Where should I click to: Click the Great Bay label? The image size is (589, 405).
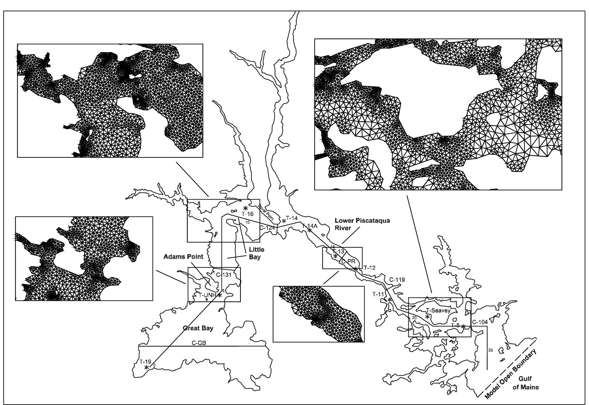(x=198, y=328)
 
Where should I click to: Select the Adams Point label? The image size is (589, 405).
(x=183, y=257)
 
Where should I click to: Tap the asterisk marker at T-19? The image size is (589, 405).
(x=147, y=367)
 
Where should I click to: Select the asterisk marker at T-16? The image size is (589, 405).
(x=245, y=208)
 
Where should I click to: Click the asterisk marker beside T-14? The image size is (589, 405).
(x=284, y=221)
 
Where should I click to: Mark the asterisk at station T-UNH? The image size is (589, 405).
(x=220, y=295)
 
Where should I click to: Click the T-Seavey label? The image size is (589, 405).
(x=438, y=311)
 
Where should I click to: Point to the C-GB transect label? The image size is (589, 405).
(x=199, y=343)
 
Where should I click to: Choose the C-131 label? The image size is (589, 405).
(x=223, y=275)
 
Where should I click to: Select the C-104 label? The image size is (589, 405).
(x=480, y=322)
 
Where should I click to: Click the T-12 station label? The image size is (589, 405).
(x=369, y=268)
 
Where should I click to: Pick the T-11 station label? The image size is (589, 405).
(x=378, y=294)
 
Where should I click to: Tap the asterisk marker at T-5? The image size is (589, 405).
(x=463, y=327)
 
